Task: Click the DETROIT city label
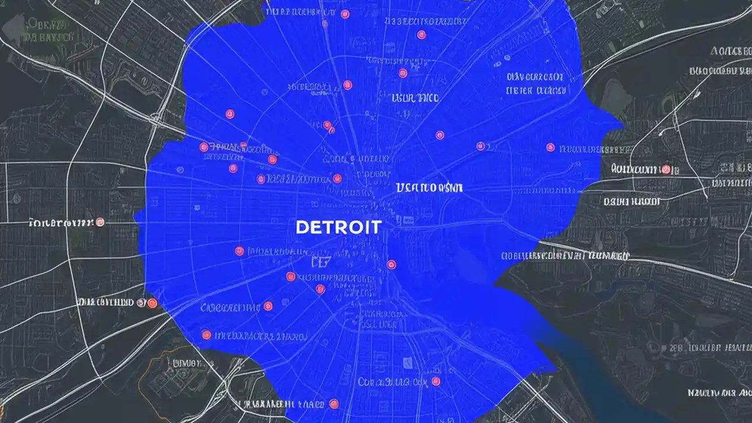pos(338,227)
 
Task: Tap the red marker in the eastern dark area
pos(666,170)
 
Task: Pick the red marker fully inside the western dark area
pos(100,222)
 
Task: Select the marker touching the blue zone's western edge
pos(152,303)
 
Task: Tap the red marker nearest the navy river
pos(435,381)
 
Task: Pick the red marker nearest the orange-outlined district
pos(206,335)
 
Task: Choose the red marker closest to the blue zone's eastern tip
pos(550,147)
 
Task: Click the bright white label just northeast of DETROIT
pos(429,188)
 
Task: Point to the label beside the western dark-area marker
pos(61,223)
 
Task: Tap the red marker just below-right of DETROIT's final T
pos(391,265)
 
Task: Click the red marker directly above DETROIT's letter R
pos(337,179)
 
